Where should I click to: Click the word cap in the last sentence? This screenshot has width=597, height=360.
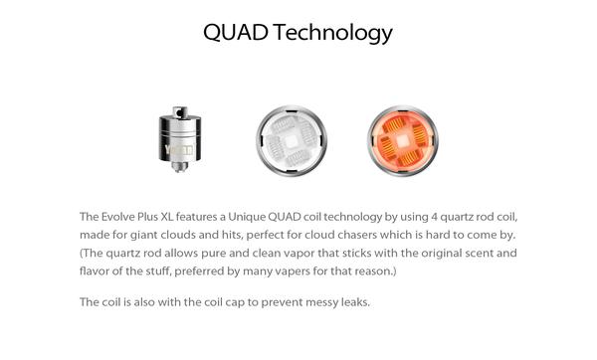227,301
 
